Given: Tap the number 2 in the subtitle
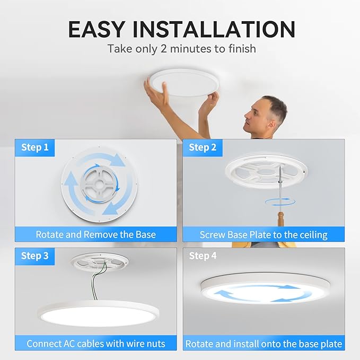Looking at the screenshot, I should pos(174,49).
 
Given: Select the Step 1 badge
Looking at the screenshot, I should pos(35,147).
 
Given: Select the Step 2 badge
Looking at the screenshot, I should pos(203,147).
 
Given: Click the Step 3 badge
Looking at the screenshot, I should pos(35,256).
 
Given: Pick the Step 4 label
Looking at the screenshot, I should pos(203,256).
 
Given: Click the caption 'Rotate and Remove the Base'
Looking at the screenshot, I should pos(95,234).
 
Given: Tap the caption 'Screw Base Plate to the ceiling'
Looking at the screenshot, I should pos(264,234).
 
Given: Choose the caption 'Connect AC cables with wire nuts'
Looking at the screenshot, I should pos(95,344).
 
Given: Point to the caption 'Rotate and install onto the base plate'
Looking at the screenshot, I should pos(264,344).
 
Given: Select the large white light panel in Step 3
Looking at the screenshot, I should pos(95,315).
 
